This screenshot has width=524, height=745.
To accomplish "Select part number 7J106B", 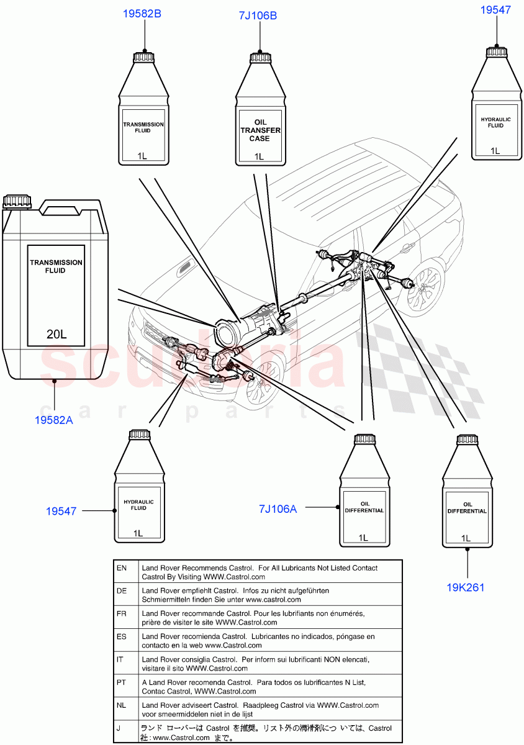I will coord(258,16).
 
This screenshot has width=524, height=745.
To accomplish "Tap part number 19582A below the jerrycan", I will coord(54,420).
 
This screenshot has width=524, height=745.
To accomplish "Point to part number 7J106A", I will coord(278,509).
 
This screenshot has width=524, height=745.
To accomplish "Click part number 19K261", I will coord(465,587).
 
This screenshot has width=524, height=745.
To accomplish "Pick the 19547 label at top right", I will coord(496,9).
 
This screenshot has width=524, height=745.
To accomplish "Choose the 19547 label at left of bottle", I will coord(61,511).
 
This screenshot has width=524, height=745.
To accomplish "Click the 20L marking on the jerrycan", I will coord(56,335).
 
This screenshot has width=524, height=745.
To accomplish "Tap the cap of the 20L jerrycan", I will coord(17,201).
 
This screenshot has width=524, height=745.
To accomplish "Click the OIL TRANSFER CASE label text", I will coord(260,131).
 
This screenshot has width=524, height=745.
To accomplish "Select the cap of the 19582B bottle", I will coord(143,56).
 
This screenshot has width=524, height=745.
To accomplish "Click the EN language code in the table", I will coord(122,568).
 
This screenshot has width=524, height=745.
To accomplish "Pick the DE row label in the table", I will coord(122,591).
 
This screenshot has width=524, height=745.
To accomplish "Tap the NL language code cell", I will coord(122,705).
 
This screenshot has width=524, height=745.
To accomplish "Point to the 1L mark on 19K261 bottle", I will coord(466,538).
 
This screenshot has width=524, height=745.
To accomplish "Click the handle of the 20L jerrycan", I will coord(71,206).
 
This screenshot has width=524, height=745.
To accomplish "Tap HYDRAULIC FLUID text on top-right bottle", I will coord(495,122).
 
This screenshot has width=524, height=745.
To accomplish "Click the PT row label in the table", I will coord(122,682).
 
